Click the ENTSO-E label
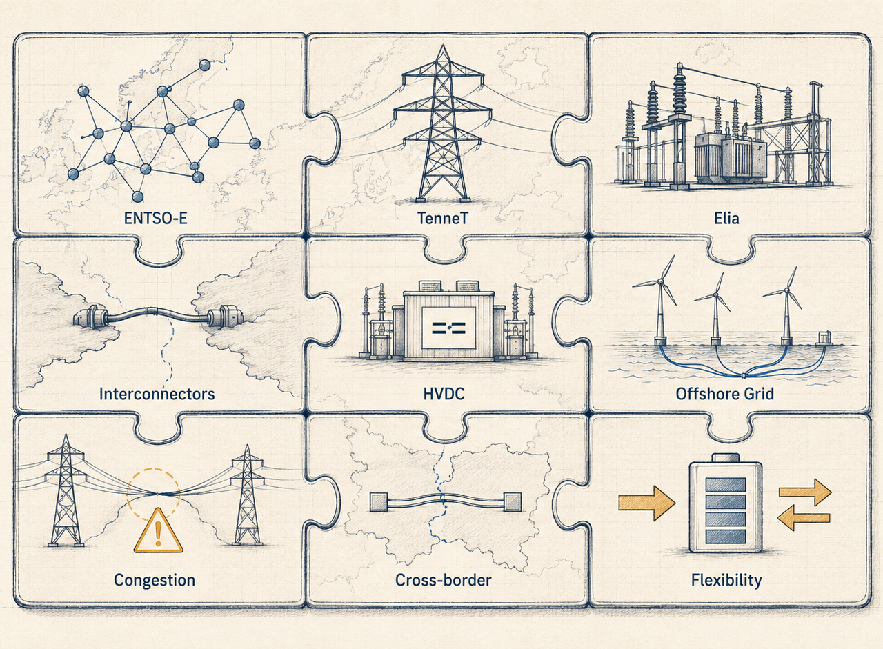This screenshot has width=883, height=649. [155, 218]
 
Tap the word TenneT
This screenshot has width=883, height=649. [442, 218]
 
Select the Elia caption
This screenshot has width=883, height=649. [726, 218]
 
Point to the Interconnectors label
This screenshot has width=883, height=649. [157, 394]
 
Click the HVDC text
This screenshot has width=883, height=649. [444, 394]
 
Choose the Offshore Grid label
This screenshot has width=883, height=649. [724, 394]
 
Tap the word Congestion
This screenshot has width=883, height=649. [155, 580]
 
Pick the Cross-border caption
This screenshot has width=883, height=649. [443, 579]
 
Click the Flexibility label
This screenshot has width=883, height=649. [726, 580]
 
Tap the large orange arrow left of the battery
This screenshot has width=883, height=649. [646, 503]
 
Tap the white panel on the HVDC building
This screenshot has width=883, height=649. [448, 328]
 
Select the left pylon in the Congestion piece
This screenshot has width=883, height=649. [66, 490]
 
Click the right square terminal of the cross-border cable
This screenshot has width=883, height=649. [513, 502]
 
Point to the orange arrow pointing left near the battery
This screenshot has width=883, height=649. [804, 518]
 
